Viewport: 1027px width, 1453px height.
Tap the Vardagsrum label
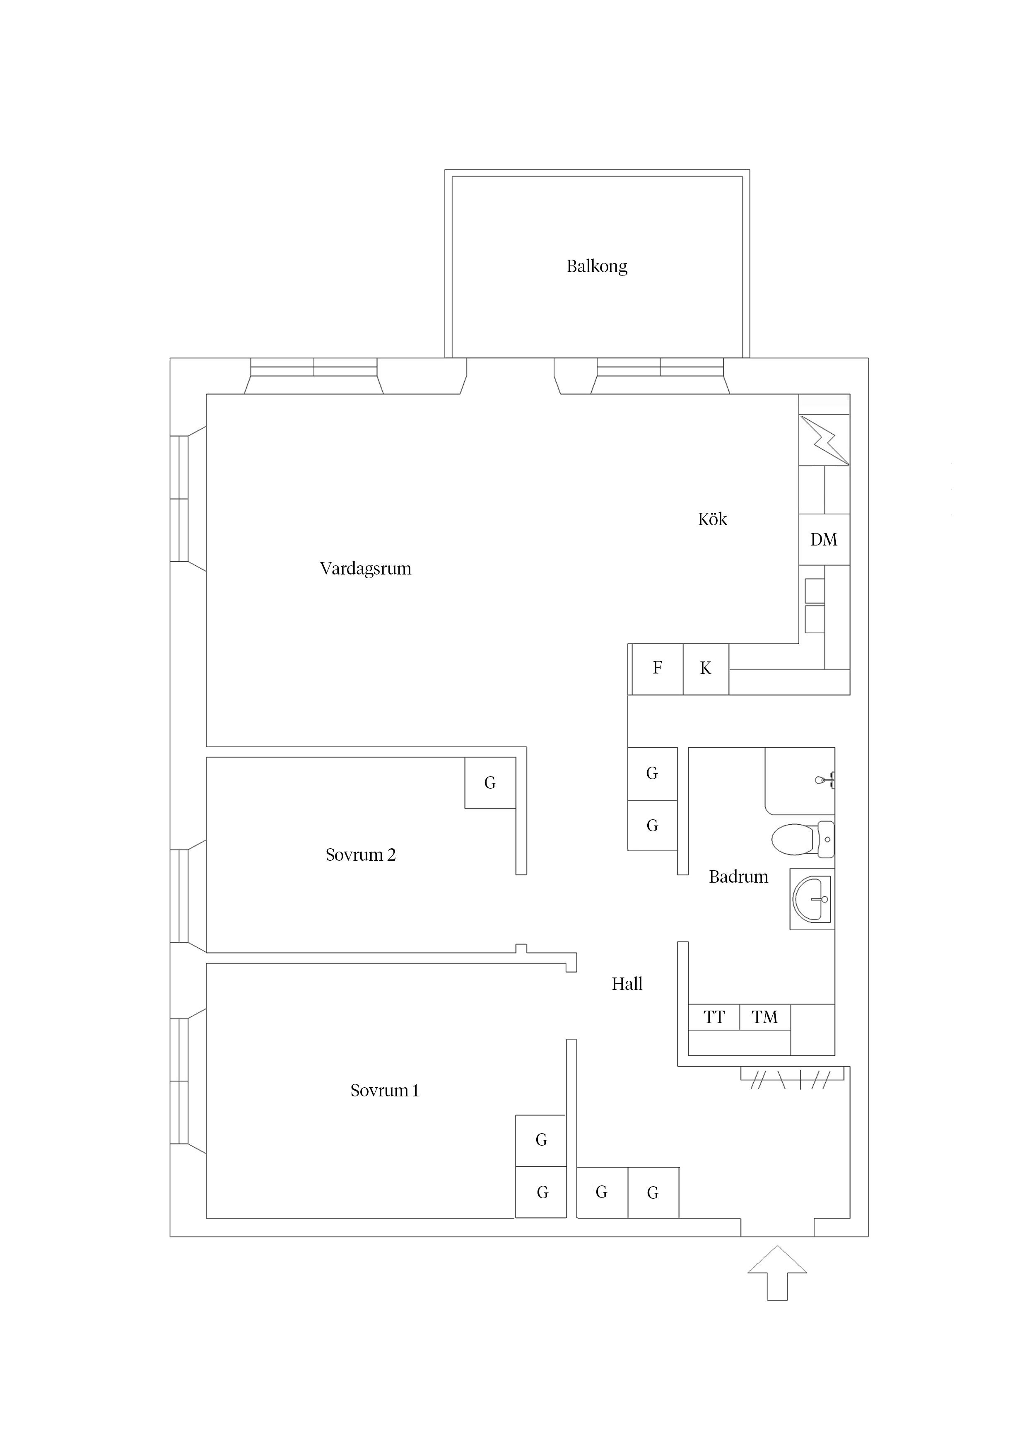tap(365, 568)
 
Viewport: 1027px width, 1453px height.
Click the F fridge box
tap(658, 668)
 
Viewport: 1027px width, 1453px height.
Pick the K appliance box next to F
tap(706, 668)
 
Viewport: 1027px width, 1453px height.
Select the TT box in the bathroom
tap(714, 1017)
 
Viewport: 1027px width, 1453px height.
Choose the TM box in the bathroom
tap(764, 1017)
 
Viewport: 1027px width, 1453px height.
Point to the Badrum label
tap(738, 876)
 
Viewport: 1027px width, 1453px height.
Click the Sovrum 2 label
tap(360, 855)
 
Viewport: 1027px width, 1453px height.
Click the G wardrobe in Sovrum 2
tap(490, 783)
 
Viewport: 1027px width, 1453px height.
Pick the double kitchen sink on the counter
tap(815, 606)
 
